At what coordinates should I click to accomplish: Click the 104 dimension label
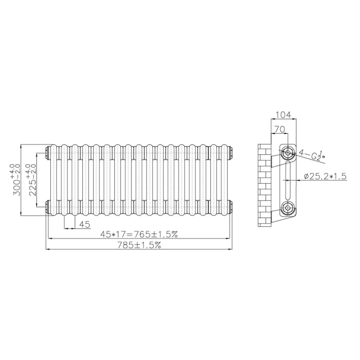[x=283, y=115]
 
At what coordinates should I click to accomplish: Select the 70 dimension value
[x=279, y=130]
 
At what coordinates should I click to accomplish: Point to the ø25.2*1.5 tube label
[x=325, y=176]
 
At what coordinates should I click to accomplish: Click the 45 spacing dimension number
[x=85, y=224]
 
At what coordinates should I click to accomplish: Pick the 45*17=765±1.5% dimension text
[x=139, y=234]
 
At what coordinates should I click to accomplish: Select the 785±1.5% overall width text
[x=139, y=245]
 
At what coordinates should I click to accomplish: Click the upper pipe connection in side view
[x=288, y=152]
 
